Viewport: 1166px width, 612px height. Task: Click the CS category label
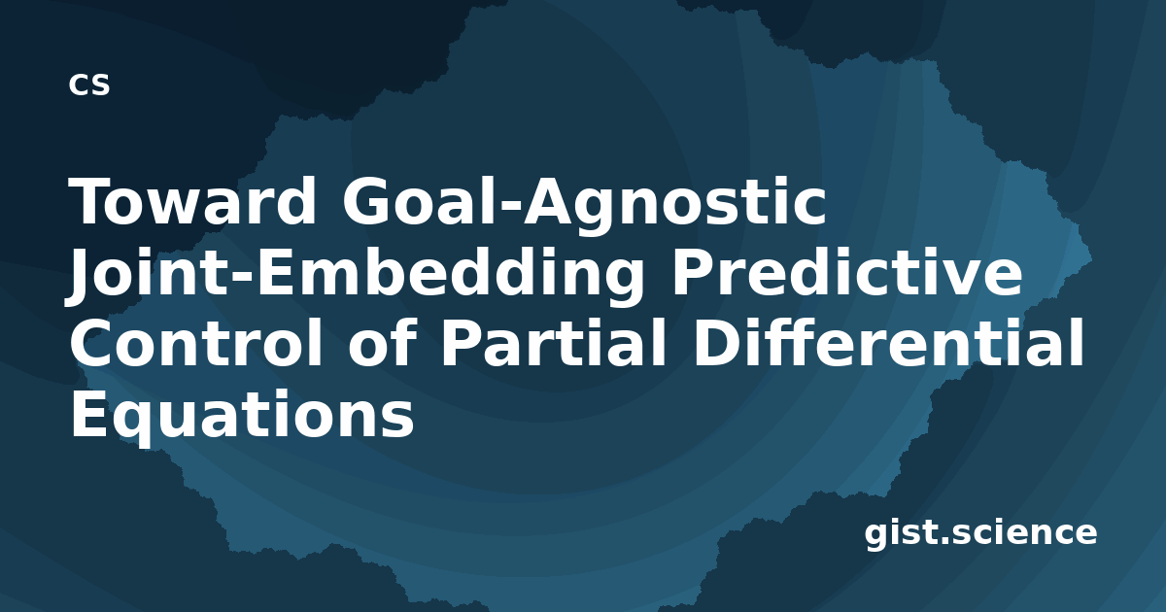(x=89, y=85)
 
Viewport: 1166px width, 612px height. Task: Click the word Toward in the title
(x=192, y=201)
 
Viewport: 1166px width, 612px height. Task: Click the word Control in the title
(x=196, y=343)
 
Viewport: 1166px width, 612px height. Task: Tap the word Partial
(x=554, y=343)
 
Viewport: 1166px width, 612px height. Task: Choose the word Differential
(x=888, y=343)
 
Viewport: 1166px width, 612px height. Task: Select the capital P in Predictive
(x=692, y=272)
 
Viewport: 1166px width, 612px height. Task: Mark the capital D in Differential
(x=716, y=344)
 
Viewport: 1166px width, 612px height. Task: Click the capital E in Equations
(x=88, y=415)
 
